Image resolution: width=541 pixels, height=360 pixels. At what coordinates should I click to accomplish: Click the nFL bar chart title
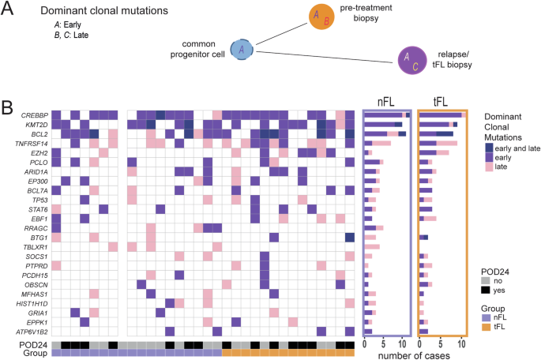coord(386,101)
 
